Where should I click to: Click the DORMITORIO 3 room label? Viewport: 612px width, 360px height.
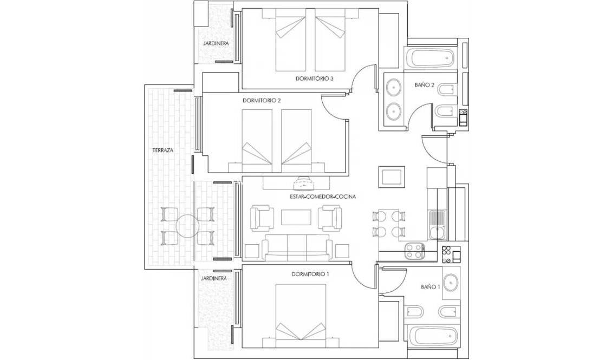pyautogui.click(x=314, y=78)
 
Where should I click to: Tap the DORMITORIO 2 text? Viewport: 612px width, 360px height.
pyautogui.click(x=262, y=101)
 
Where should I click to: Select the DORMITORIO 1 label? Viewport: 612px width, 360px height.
pyautogui.click(x=310, y=274)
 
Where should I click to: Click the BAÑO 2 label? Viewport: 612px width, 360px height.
pyautogui.click(x=425, y=85)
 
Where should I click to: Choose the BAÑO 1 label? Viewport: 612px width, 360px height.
pyautogui.click(x=431, y=287)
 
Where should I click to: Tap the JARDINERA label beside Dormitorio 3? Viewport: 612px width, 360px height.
pyautogui.click(x=215, y=43)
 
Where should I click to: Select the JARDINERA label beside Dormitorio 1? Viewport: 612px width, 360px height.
pyautogui.click(x=213, y=278)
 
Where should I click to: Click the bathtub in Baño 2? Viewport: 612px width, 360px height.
pyautogui.click(x=430, y=57)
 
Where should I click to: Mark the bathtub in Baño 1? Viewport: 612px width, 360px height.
pyautogui.click(x=432, y=336)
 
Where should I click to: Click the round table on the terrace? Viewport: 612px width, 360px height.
pyautogui.click(x=187, y=227)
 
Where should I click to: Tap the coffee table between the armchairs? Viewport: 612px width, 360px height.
pyautogui.click(x=296, y=217)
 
